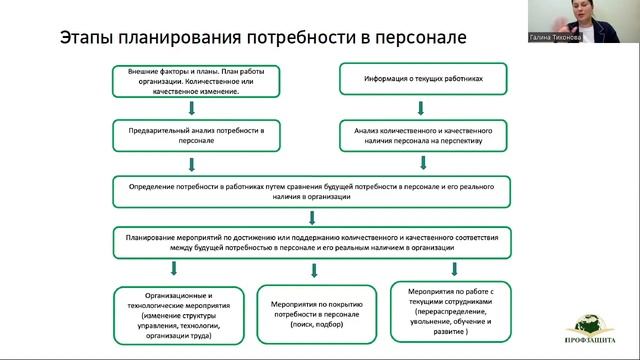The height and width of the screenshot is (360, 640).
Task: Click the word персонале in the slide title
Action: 421,38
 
